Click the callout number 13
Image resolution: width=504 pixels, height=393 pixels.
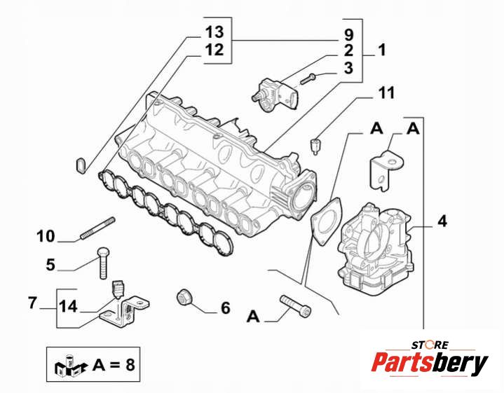214,32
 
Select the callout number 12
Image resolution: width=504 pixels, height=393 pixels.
214,50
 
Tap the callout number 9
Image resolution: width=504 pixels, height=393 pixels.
348,34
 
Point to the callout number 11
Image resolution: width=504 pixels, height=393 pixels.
387,92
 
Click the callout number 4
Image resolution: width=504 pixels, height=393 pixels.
442,221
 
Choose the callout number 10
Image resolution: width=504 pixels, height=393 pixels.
46,236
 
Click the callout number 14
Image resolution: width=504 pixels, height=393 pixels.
68,305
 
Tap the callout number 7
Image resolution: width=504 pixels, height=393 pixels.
32,303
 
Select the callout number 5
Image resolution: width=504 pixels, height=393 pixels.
50,264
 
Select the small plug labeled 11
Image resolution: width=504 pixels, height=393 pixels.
315,146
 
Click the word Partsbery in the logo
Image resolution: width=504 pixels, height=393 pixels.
429,364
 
